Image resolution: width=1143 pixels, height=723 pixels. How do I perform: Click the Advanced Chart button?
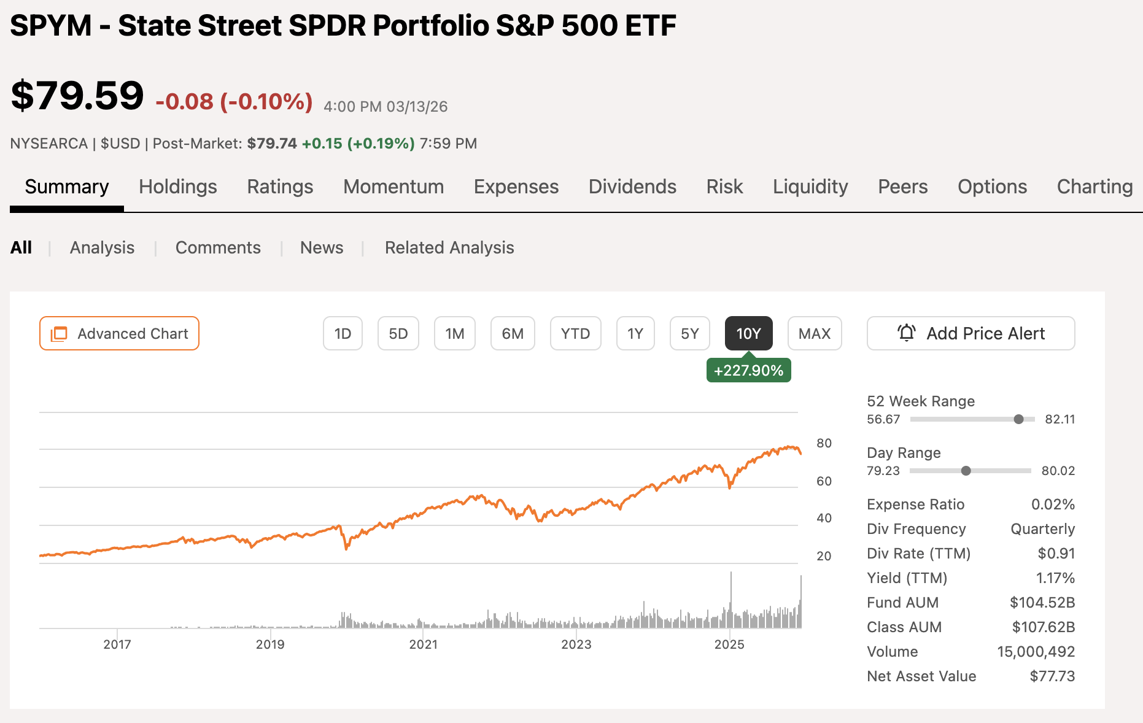tap(119, 333)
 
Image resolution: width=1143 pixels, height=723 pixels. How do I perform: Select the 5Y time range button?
tap(689, 333)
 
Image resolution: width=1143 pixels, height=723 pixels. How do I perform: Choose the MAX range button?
tap(814, 333)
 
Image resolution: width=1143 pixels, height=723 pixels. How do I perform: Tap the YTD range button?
tap(575, 333)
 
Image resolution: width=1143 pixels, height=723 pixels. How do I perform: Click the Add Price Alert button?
tap(971, 333)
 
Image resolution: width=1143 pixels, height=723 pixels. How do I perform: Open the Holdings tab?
tap(177, 187)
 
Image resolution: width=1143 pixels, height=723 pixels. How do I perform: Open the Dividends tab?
tap(632, 187)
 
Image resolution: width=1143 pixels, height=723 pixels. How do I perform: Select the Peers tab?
tap(902, 187)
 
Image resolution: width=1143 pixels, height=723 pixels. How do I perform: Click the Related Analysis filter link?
tap(449, 247)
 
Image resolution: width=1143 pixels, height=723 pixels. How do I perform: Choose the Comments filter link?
tap(218, 247)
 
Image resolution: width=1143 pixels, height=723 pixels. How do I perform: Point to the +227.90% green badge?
tap(748, 371)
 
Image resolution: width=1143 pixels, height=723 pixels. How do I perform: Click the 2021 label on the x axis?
tap(424, 644)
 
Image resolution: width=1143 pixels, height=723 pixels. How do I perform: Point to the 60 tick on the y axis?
tap(824, 481)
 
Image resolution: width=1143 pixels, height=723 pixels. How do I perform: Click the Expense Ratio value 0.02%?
tap(1053, 505)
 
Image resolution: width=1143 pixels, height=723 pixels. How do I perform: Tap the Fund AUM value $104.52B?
tap(1042, 603)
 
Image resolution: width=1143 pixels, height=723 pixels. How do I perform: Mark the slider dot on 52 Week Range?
tap(1018, 419)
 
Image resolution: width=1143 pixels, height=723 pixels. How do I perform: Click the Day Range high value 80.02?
tap(1058, 471)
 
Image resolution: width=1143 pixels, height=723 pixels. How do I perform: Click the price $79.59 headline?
tap(77, 96)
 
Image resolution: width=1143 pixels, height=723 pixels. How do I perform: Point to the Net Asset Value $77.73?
tap(1052, 676)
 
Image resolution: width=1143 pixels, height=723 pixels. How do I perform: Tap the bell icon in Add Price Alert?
tap(906, 333)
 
